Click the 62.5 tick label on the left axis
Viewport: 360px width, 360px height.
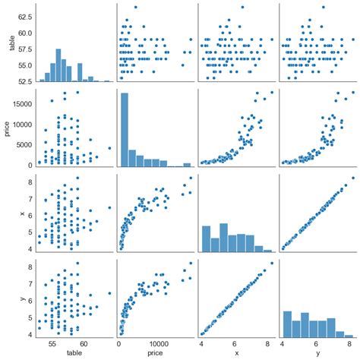point(25,15)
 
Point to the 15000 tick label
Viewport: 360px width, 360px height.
point(23,100)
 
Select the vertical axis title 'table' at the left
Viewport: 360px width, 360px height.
point(9,43)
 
